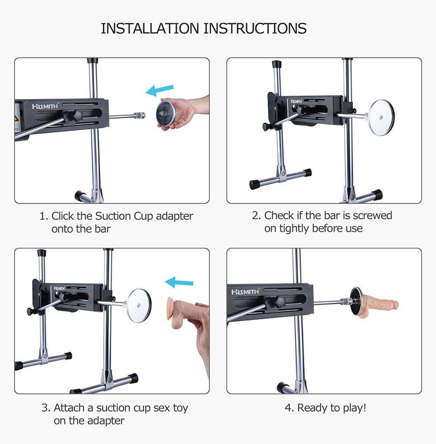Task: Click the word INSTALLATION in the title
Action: coord(150,28)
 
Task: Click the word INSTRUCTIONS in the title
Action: coord(255,28)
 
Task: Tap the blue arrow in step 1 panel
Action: coord(160,90)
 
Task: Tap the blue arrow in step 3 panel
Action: coord(179,282)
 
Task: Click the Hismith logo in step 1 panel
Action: coord(45,106)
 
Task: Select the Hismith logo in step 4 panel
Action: coord(245,292)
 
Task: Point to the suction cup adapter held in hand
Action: coord(166,113)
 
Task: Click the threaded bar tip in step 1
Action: coord(140,115)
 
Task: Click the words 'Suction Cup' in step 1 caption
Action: coord(124,216)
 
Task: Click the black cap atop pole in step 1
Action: coord(92,60)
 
